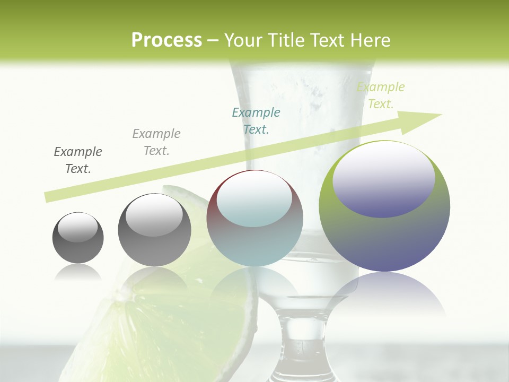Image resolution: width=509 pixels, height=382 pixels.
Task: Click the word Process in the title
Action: coord(166,40)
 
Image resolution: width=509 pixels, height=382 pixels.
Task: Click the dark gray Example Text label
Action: coord(78,160)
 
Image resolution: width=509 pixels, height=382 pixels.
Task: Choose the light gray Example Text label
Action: coord(156,142)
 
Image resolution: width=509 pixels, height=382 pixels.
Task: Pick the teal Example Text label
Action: coord(256,121)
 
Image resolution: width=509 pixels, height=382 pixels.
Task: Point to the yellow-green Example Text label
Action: coord(381,95)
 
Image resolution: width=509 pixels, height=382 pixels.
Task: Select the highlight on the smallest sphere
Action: coord(77,227)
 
